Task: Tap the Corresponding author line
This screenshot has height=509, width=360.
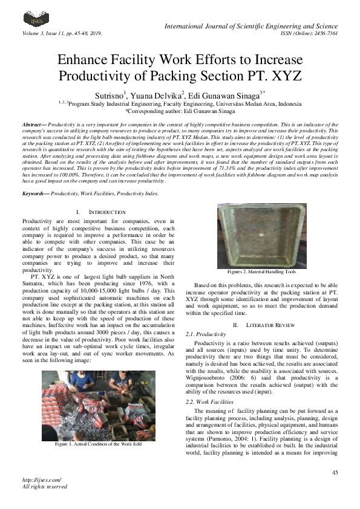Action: [179, 111]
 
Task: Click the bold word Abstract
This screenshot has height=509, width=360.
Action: [34, 123]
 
